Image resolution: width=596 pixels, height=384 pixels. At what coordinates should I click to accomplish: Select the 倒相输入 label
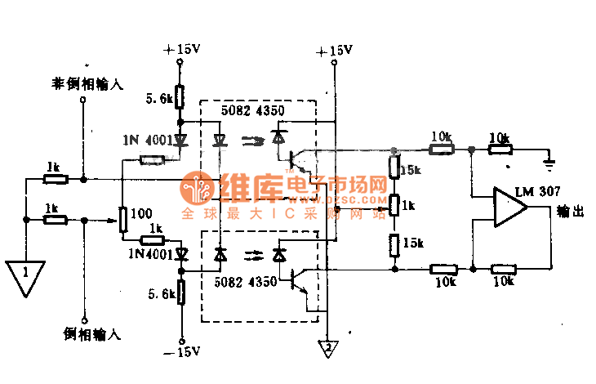click(x=91, y=333)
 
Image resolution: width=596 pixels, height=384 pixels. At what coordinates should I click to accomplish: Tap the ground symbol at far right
click(x=552, y=163)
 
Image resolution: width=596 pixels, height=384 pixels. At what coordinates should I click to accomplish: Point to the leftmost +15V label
click(x=181, y=50)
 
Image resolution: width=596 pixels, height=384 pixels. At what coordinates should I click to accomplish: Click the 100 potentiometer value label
click(x=140, y=214)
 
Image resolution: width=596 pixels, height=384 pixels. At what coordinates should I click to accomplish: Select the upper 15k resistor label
click(x=411, y=170)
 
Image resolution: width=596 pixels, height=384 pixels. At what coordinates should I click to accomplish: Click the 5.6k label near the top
click(x=159, y=99)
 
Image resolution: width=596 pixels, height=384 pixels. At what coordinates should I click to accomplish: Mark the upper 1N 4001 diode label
click(x=147, y=140)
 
